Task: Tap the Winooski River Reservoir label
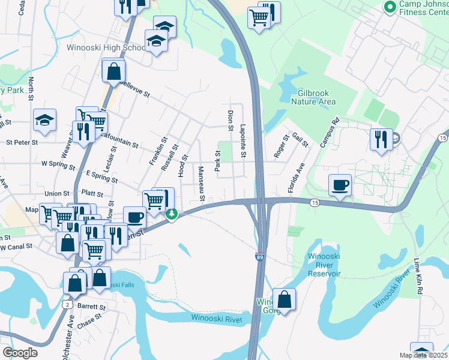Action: point(324,265)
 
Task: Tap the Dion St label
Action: point(230,119)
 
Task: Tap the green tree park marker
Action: point(172,214)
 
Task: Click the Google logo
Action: point(20,353)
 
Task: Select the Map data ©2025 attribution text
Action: point(423,356)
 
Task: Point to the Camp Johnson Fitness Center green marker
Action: point(389,7)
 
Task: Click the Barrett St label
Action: point(91,307)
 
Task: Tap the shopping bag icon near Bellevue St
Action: point(113,72)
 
